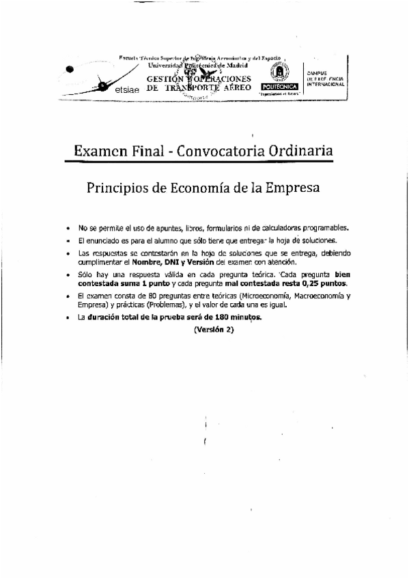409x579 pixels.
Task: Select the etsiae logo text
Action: (128, 89)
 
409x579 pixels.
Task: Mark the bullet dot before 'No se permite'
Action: (67, 228)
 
